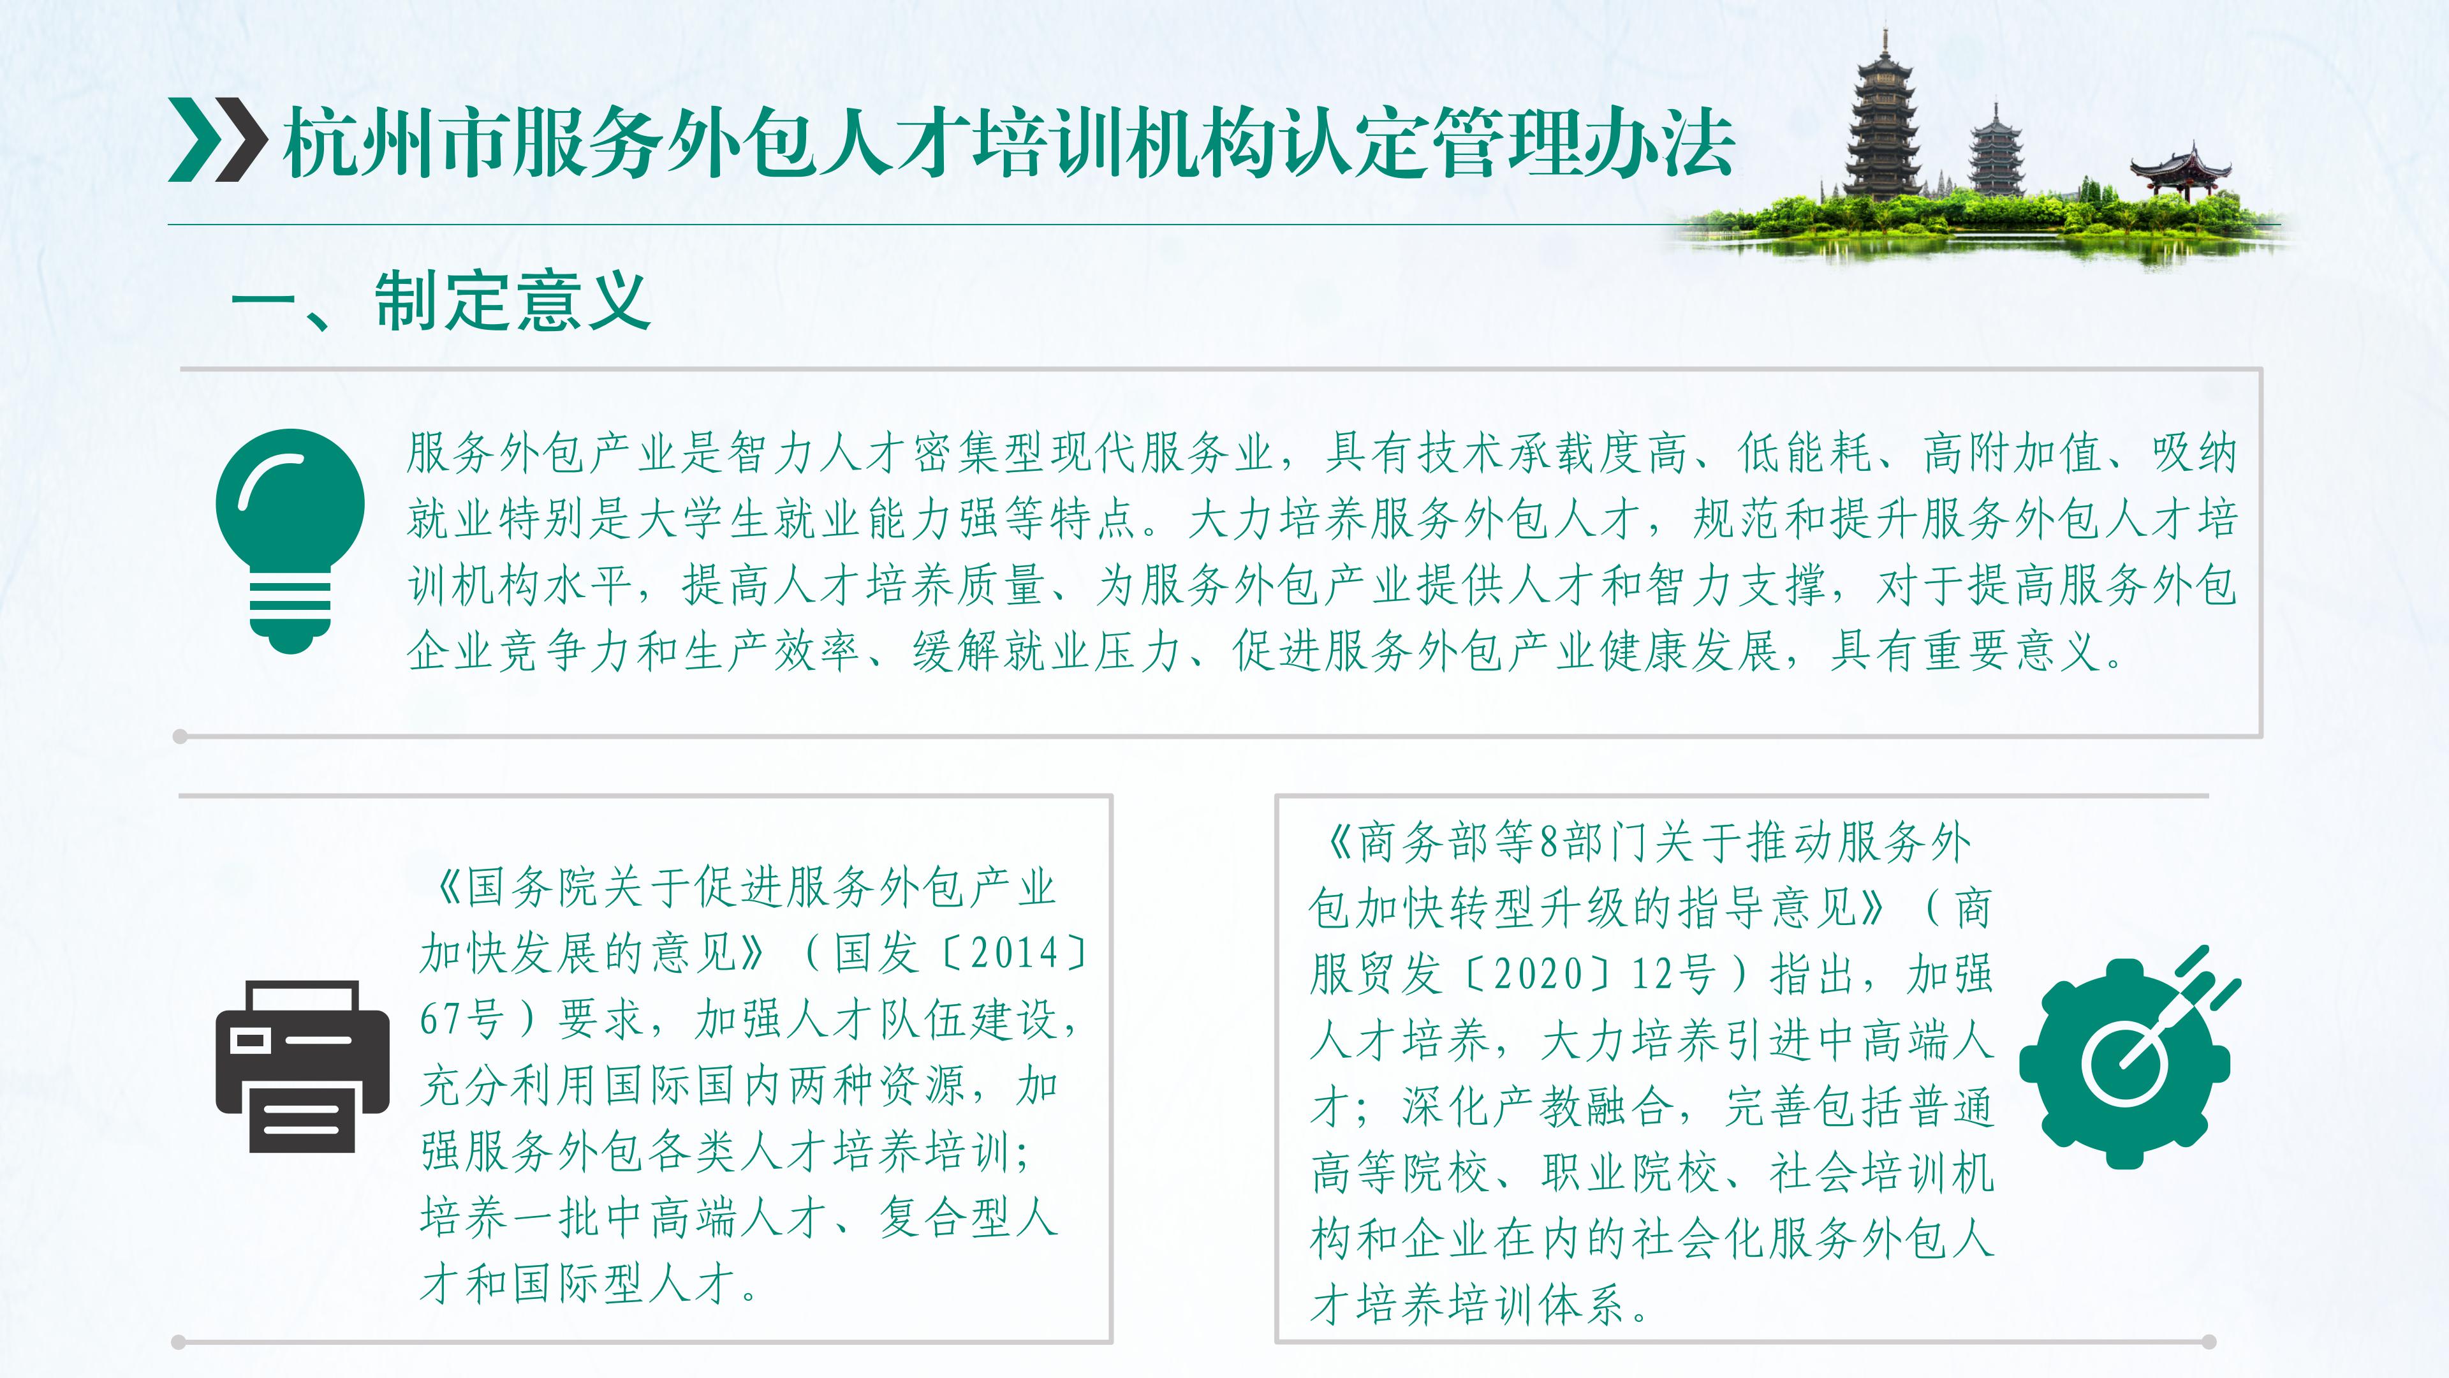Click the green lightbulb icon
(x=290, y=540)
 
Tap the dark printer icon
(x=302, y=1066)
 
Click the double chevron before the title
(x=217, y=139)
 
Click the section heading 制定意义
(x=512, y=302)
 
